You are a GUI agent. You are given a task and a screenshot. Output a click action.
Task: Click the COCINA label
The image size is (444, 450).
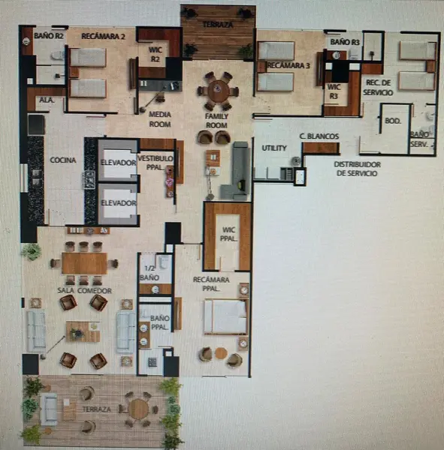tap(63, 160)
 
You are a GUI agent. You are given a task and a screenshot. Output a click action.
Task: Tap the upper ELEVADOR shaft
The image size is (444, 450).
tap(119, 160)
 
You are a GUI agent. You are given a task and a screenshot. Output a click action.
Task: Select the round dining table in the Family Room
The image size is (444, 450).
tap(219, 91)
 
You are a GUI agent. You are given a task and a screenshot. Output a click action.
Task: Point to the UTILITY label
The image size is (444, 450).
tap(274, 148)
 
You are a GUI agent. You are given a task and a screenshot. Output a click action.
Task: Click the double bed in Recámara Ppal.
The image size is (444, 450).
tap(226, 316)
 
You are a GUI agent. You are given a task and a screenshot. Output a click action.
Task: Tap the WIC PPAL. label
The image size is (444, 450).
tap(229, 234)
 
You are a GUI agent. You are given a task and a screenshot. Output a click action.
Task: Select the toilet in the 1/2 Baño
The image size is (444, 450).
tap(164, 262)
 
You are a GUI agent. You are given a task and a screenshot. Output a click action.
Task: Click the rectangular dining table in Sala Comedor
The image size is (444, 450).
tap(85, 263)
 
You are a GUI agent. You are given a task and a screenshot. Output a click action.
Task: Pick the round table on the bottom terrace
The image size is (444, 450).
tap(138, 409)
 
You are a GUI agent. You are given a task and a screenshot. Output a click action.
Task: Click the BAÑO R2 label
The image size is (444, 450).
tap(49, 36)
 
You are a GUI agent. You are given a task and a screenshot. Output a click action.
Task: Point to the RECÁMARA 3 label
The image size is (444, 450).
tap(288, 65)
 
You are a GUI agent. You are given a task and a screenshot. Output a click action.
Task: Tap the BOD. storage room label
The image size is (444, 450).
tap(393, 121)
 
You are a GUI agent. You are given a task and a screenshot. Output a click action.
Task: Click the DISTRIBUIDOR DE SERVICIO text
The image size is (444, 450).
tap(357, 169)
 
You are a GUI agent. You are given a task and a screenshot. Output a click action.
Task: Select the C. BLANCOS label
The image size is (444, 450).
tap(319, 136)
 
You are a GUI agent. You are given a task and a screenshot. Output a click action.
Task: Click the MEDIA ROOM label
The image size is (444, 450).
tap(160, 119)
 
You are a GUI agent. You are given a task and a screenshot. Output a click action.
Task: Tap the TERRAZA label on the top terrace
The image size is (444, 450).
tap(218, 25)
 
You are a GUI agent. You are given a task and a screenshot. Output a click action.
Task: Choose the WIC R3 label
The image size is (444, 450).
tap(334, 91)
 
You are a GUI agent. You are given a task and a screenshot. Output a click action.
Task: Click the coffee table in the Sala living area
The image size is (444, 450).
tap(83, 331)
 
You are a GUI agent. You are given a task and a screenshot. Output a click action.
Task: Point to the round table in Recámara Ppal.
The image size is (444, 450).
tap(221, 353)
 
